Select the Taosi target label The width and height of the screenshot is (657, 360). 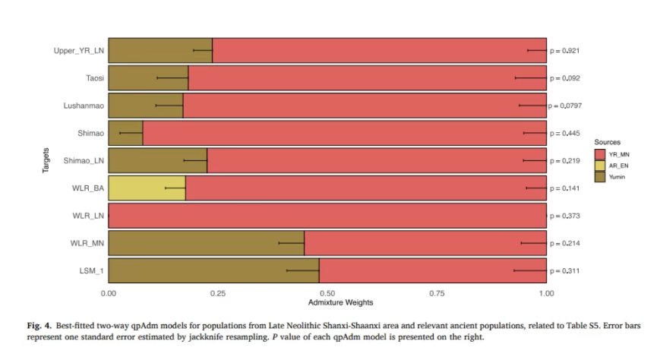coord(94,77)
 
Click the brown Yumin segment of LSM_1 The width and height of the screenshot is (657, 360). coord(213,270)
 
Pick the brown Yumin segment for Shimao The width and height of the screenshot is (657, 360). coord(125,133)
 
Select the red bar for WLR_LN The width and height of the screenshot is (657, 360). coord(327,215)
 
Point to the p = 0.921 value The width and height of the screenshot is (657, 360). coord(566,50)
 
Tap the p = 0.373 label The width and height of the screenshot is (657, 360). coord(566,216)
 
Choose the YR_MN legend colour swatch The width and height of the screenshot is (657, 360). coord(599,153)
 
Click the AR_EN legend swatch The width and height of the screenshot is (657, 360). coord(599,165)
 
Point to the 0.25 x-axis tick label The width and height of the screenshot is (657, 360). coord(217,292)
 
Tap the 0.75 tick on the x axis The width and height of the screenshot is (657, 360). coord(436,292)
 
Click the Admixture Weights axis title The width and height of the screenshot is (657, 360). coord(327,303)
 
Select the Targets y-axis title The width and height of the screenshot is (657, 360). coord(46,160)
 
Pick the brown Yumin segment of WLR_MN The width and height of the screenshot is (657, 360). coord(206,243)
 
